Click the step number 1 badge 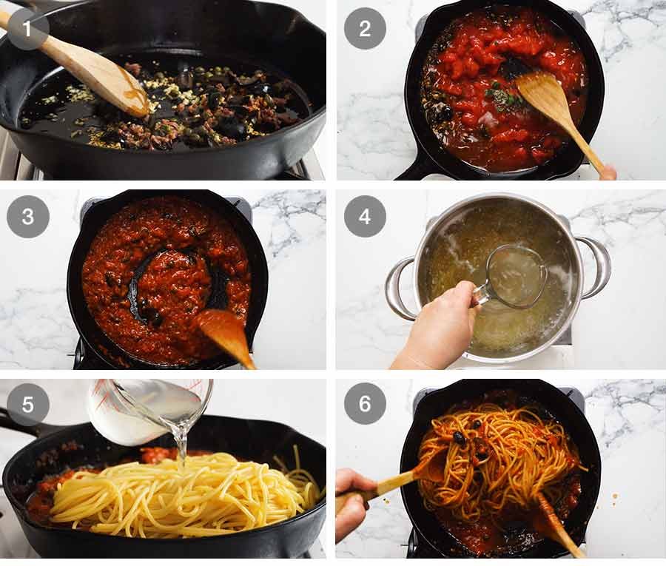coord(28,28)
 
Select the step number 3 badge coord(28,216)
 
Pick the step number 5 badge coord(28,404)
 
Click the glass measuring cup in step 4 coord(514,277)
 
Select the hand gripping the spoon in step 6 coord(351,503)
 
